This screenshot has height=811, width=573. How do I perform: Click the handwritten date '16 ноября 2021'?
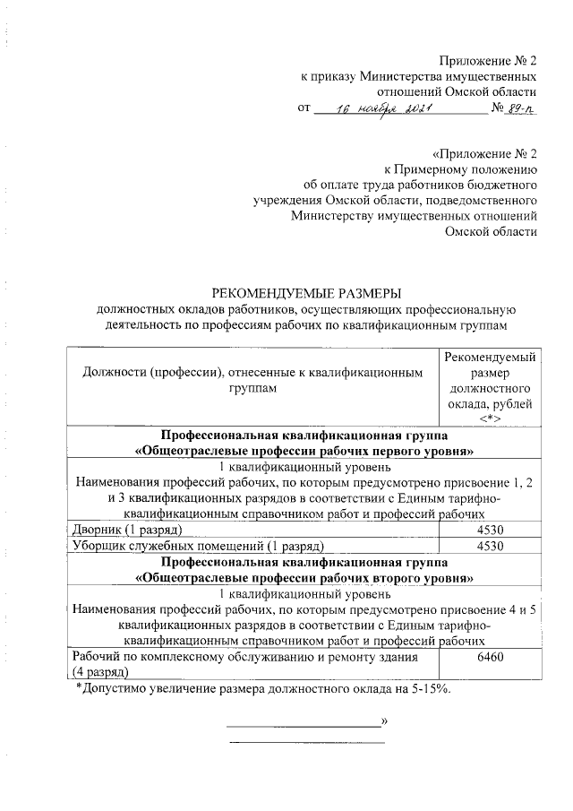coord(384,109)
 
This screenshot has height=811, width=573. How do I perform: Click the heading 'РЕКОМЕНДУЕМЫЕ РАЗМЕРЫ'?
coord(306,292)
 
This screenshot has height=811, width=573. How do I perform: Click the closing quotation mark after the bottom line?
coord(384,720)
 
